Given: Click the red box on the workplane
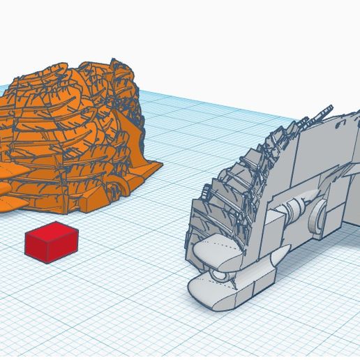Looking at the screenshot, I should coord(51,242).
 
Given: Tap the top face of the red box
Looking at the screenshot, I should coord(52,232).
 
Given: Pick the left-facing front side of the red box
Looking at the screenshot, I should coord(41,248).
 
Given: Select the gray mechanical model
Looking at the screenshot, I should coord(279,202).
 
